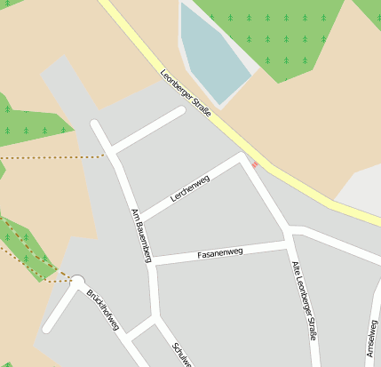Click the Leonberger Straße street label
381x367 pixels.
(192, 97)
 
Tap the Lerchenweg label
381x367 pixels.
(190, 191)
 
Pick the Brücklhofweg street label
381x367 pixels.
(103, 308)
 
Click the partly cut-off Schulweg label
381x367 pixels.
(182, 355)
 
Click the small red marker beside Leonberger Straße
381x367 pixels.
(254, 164)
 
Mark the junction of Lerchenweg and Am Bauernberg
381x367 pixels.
(140, 219)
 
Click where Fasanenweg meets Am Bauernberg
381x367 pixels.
(152, 263)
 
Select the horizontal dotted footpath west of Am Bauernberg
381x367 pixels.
(53, 156)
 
